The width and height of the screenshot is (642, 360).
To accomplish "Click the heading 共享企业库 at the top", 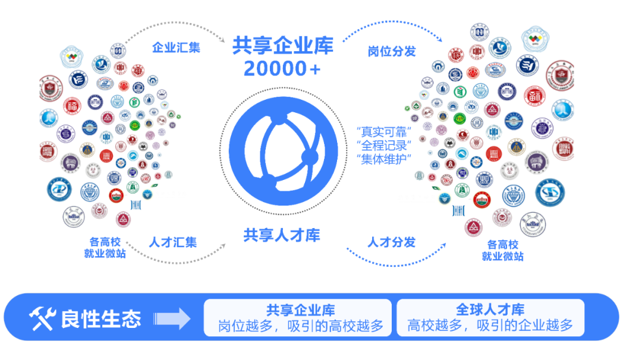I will (x=282, y=45).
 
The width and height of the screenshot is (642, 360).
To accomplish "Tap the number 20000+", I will (x=282, y=69).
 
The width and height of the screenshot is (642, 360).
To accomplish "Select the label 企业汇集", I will (x=177, y=48).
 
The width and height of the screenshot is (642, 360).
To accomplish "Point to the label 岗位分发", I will (x=392, y=51).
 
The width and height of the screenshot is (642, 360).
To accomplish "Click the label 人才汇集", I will (x=172, y=242).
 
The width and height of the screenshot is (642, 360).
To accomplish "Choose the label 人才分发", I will (x=392, y=242).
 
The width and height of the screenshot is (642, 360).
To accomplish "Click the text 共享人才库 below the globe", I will (x=282, y=235).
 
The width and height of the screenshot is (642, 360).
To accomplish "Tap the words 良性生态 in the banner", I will (x=100, y=319).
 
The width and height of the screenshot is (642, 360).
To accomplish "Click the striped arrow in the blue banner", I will (x=172, y=319).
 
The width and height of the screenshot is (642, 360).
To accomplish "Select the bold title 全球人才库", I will (x=490, y=310).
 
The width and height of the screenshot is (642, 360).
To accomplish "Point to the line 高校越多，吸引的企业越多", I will (x=490, y=326).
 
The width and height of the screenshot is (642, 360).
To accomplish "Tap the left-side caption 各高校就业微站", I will (x=105, y=248).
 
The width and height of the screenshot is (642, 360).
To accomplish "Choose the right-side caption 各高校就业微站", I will (x=503, y=251).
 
